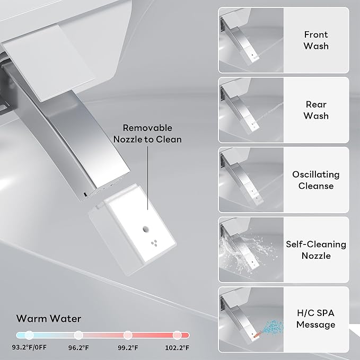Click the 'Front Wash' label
click(x=316, y=40)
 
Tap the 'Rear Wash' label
click(x=316, y=110)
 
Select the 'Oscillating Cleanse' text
click(x=316, y=180)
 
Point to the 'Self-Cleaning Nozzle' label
click(x=316, y=250)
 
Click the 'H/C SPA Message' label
click(x=315, y=319)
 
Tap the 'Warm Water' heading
click(x=49, y=319)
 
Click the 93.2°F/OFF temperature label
click(x=29, y=347)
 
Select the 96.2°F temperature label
click(x=78, y=348)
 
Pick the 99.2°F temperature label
click(x=128, y=348)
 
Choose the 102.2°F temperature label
click(x=177, y=348)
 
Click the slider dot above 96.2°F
click(x=78, y=335)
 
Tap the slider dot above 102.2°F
click(x=177, y=335)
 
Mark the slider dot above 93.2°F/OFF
click(x=29, y=335)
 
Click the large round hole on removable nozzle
click(x=146, y=229)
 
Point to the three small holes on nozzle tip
click(x=154, y=243)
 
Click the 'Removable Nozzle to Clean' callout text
click(x=147, y=134)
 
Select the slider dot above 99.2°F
click(x=128, y=335)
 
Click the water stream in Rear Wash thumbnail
click(x=269, y=112)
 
